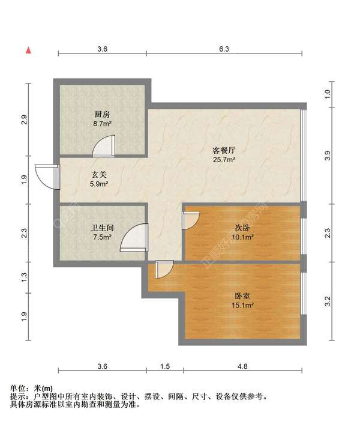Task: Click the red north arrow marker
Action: pos(28,50)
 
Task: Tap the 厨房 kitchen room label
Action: pos(102,114)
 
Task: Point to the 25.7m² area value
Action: pos(223,160)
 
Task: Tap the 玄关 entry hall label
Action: pos(99,175)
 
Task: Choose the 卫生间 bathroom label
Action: pos(102,228)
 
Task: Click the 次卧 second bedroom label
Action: pos(242,228)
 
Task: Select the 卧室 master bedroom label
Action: pos(242,295)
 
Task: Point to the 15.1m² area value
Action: pos(242,305)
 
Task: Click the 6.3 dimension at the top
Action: pos(224,49)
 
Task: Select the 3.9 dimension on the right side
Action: pos(327,155)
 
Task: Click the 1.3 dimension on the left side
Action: pos(24,277)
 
